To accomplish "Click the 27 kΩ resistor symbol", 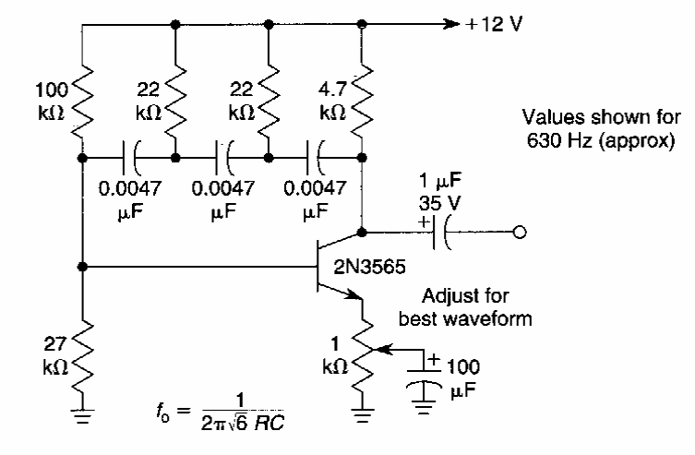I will coord(83,352).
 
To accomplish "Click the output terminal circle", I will coord(521,232).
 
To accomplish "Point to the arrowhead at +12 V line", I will coord(451,24).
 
